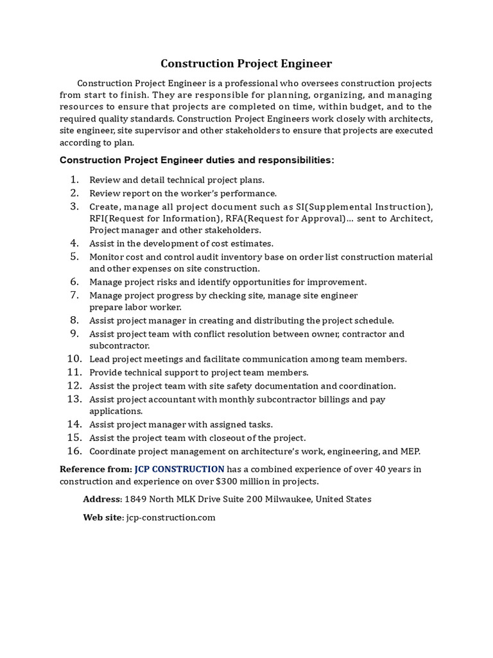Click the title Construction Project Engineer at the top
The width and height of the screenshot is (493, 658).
click(246, 64)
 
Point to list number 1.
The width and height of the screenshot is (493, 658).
click(74, 180)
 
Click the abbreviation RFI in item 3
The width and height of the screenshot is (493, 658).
click(98, 219)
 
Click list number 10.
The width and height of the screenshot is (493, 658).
click(74, 359)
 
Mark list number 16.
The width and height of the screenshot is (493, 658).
click(74, 451)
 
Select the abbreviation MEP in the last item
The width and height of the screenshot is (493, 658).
click(409, 451)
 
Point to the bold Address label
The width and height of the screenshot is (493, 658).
click(102, 499)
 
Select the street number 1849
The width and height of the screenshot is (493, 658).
click(136, 499)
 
